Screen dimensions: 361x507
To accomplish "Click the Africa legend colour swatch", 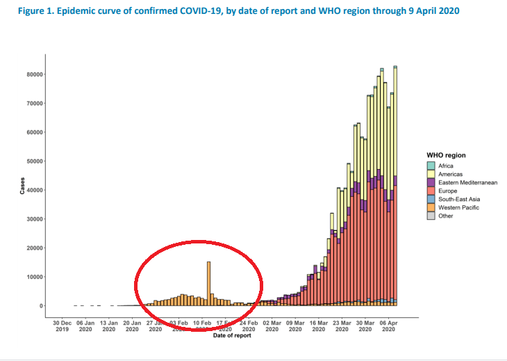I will pyautogui.click(x=431, y=166).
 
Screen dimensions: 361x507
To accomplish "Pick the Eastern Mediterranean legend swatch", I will pyautogui.click(x=431, y=182).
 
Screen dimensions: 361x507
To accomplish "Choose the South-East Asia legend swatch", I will pyautogui.click(x=431, y=199).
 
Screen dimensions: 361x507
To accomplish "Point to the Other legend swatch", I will pyautogui.click(x=431, y=216).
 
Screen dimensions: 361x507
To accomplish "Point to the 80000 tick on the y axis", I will pyautogui.click(x=33, y=74).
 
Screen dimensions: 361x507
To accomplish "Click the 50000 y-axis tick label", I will pyautogui.click(x=33, y=161).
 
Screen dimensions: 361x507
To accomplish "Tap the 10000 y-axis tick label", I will pyautogui.click(x=33, y=277).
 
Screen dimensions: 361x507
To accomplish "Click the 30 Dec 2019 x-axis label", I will pyautogui.click(x=62, y=326).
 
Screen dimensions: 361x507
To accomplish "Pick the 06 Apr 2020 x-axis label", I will pyautogui.click(x=389, y=326).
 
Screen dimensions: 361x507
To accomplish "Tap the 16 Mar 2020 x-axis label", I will pyautogui.click(x=319, y=326).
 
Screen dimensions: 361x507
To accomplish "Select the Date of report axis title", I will pyautogui.click(x=233, y=337).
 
